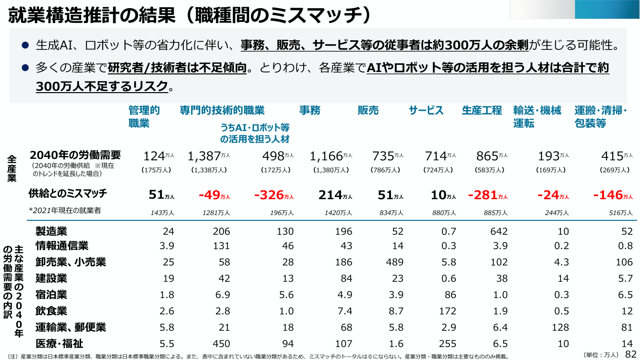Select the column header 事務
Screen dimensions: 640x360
click(x=310, y=110)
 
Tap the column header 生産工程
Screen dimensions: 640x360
click(x=482, y=110)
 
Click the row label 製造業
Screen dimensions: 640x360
click(x=51, y=231)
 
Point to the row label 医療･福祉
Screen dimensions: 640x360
click(x=59, y=343)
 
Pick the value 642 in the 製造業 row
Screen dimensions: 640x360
click(x=499, y=231)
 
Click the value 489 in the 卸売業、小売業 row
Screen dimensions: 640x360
click(x=394, y=262)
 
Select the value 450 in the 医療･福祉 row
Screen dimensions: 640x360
click(x=221, y=343)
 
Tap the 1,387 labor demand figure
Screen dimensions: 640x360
click(x=204, y=156)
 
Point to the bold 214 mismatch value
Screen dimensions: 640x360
click(x=330, y=195)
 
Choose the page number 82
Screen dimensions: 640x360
click(x=631, y=354)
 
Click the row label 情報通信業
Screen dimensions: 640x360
click(x=62, y=246)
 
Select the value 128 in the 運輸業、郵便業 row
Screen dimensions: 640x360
click(x=560, y=327)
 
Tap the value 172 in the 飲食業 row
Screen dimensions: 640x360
click(x=448, y=311)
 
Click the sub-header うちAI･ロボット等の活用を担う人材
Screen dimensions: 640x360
click(x=255, y=133)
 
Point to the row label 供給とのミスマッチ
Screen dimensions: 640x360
click(x=68, y=193)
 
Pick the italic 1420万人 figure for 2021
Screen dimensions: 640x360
click(x=338, y=213)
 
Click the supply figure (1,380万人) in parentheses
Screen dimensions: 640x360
click(x=331, y=170)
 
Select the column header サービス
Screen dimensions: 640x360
click(x=426, y=110)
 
